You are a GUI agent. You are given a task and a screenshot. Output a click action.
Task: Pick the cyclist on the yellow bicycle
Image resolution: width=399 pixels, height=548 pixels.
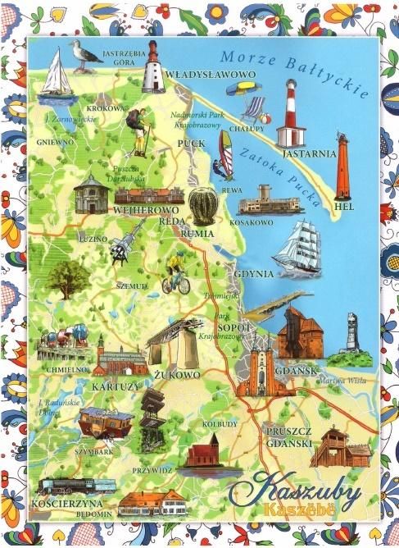(x=175, y=275)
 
